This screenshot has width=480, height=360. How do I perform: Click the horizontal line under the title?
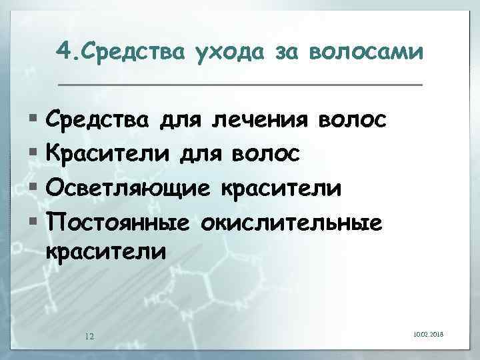[240, 85]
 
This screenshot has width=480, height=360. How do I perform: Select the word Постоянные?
[119, 221]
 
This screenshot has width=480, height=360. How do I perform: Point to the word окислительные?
[297, 221]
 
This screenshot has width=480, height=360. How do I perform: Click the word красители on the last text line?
[104, 252]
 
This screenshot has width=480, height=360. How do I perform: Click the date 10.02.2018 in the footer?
[428, 333]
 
